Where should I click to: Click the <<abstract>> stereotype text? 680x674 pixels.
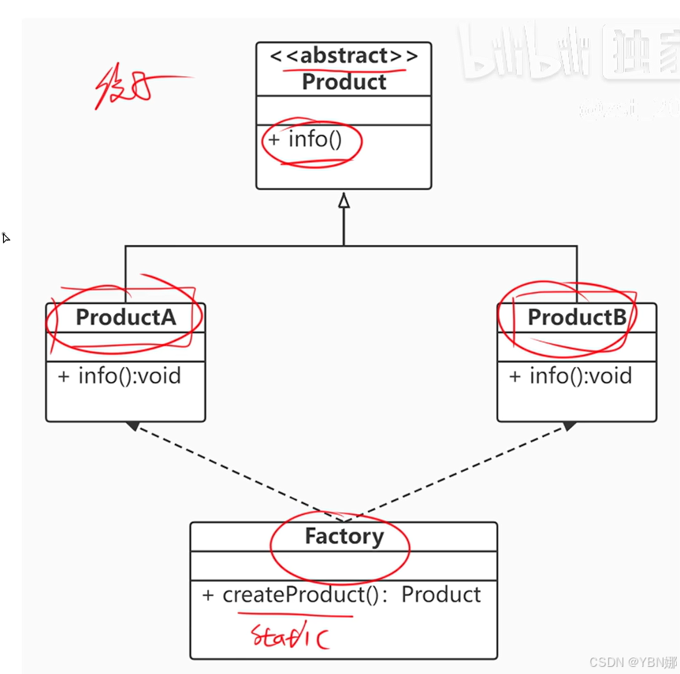point(344,57)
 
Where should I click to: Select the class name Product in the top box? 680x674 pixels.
point(344,82)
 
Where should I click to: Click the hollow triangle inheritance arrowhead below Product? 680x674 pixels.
point(344,201)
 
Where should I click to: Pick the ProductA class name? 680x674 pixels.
point(125,317)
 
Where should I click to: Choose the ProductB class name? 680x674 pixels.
point(577,317)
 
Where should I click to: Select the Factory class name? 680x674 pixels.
point(344,537)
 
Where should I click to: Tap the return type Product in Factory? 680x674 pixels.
point(441,594)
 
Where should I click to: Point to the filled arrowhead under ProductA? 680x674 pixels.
point(132,426)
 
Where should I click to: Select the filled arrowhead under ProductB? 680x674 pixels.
point(570,426)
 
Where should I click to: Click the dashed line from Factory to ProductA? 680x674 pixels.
point(236,473)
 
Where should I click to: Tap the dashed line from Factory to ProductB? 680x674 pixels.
point(457,473)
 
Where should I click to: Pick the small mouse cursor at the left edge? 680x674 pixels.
point(6,237)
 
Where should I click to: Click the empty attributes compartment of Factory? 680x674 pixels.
point(344,565)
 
